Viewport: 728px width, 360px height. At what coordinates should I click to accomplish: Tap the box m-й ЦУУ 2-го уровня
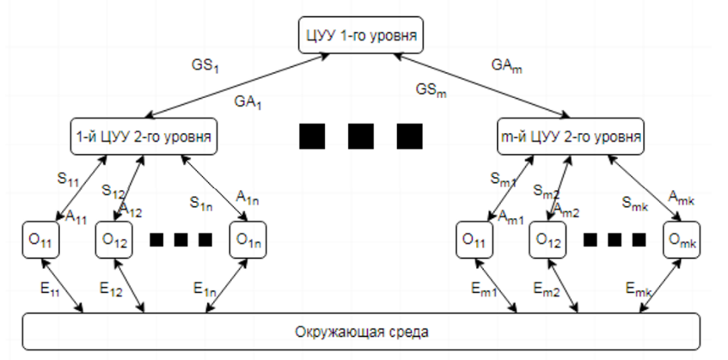pyautogui.click(x=570, y=137)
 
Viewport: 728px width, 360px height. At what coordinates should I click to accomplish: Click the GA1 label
pyautogui.click(x=248, y=101)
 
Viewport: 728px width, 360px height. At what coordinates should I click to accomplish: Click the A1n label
pyautogui.click(x=248, y=197)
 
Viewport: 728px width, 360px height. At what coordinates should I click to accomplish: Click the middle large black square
pyautogui.click(x=361, y=137)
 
